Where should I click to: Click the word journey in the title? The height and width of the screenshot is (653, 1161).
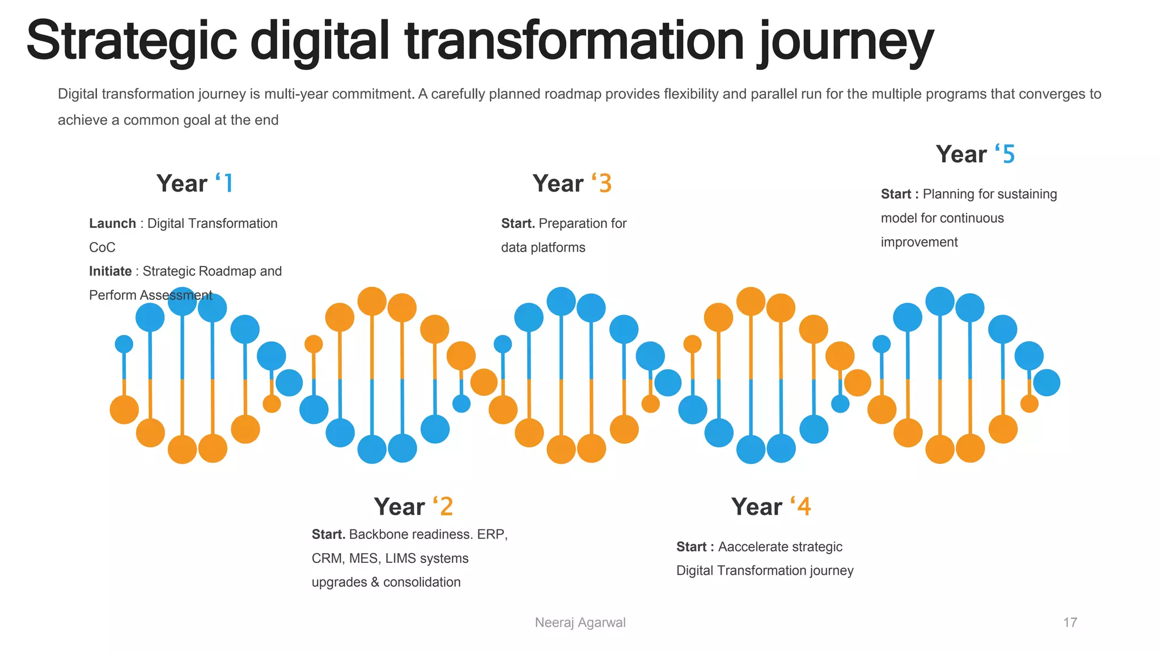point(846,43)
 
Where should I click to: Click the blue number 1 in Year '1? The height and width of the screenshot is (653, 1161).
point(228,184)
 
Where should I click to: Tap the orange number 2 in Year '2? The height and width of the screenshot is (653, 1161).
point(446,507)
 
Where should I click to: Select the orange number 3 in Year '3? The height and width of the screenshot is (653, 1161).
point(605,184)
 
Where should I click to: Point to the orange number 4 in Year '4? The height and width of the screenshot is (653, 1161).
point(804,507)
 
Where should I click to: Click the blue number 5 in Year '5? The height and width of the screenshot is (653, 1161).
point(1009,154)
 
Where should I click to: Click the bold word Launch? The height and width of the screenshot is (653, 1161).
point(112,223)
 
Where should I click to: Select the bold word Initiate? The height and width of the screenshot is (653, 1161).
point(110,271)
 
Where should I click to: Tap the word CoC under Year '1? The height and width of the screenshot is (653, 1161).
point(102,248)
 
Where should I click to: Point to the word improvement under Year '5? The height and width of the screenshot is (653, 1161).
point(919,242)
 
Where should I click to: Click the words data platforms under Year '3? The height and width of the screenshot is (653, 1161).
point(543,248)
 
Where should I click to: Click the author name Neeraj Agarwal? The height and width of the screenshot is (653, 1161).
point(580,622)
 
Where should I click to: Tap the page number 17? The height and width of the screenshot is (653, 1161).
point(1070,622)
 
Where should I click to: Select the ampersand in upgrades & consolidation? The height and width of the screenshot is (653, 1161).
point(375,582)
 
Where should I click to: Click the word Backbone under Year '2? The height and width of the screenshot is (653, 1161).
point(379,535)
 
